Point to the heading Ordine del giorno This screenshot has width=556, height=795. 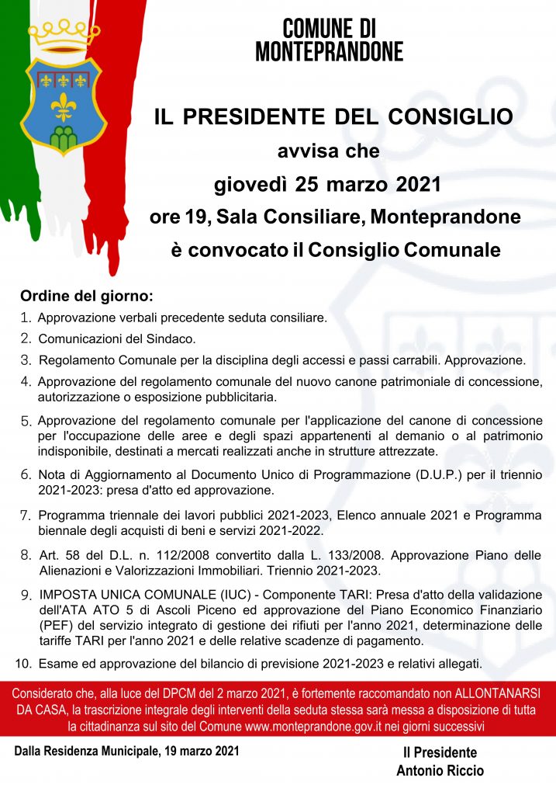click(87, 297)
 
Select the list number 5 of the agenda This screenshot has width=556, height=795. click(26, 421)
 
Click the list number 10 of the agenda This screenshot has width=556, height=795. click(23, 663)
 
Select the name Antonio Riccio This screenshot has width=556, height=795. click(440, 771)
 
